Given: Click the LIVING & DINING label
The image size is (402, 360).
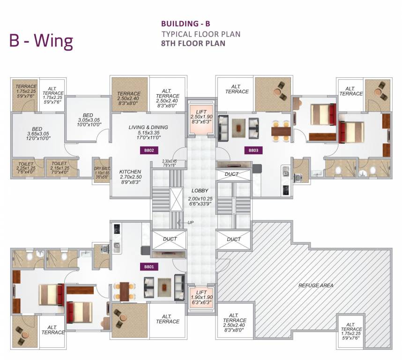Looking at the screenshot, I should [x=148, y=127].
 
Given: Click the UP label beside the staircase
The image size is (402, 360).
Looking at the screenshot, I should [x=191, y=222].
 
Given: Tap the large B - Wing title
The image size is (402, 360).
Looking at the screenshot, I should [x=41, y=41].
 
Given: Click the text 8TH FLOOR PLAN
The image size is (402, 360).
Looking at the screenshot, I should [x=193, y=43].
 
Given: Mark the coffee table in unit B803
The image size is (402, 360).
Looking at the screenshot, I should [x=240, y=125].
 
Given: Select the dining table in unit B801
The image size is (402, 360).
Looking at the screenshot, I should [x=123, y=291].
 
